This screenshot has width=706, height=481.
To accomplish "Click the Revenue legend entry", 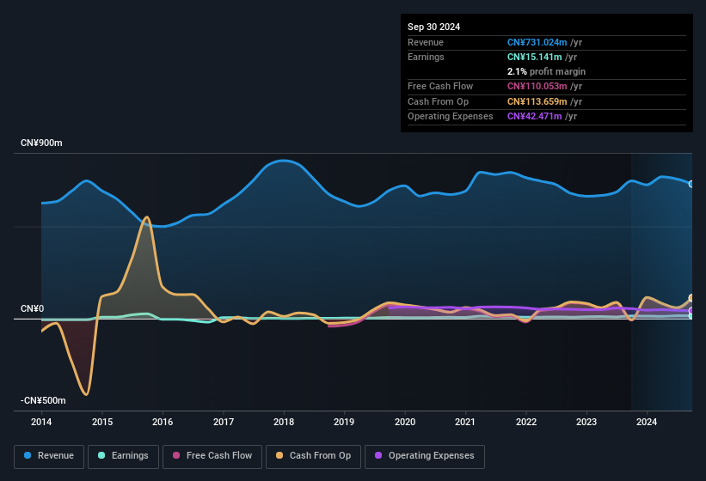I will click(x=49, y=456).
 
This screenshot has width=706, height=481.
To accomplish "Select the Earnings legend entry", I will click(x=123, y=456).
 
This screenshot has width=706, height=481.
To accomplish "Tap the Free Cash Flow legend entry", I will click(x=214, y=456).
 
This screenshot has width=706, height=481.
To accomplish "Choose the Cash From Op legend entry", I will click(x=315, y=456).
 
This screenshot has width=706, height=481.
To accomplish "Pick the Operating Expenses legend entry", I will click(x=424, y=456).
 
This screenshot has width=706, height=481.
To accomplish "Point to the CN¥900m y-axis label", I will click(x=42, y=143).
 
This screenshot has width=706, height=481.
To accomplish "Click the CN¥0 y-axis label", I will click(x=32, y=308).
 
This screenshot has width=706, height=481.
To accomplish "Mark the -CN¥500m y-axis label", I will click(x=44, y=400).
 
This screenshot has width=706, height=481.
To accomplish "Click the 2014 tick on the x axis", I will click(x=41, y=422).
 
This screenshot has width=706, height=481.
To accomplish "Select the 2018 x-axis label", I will click(x=284, y=422).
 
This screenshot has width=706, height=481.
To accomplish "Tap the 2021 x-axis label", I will click(x=465, y=422).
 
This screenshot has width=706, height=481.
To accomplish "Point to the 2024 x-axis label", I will click(x=647, y=422).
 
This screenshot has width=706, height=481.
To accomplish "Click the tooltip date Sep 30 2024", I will click(x=433, y=27).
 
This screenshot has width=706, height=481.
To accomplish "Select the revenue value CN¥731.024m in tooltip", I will click(x=537, y=42).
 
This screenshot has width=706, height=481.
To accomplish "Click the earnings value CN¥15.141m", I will click(x=535, y=57).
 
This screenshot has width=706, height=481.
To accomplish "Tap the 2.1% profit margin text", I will click(x=546, y=71).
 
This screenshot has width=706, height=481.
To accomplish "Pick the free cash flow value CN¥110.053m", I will click(x=537, y=86).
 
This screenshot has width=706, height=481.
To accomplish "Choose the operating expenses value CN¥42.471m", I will click(x=535, y=116).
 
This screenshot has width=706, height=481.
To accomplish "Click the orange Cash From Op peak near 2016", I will click(x=146, y=217).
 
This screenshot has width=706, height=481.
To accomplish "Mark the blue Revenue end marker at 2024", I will click(x=691, y=184).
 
